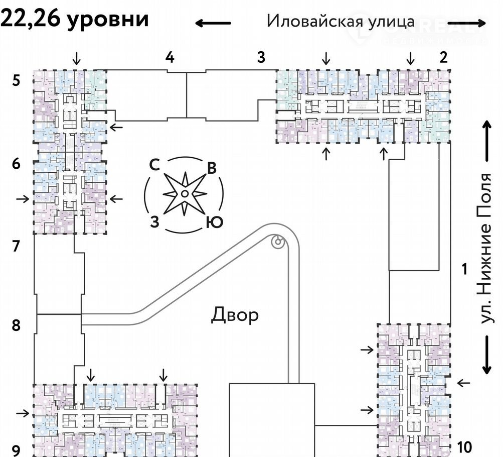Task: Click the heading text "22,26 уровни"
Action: tap(75, 19)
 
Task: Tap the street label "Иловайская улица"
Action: tap(341, 21)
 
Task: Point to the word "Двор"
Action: tap(235, 315)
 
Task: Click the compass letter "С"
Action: tap(155, 165)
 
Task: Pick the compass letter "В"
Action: tap(212, 168)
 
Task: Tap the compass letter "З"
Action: tap(155, 221)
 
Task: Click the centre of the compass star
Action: tap(184, 193)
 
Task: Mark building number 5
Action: tap(17, 80)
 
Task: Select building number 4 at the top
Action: tap(171, 58)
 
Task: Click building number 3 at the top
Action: tap(261, 58)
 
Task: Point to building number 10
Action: tap(464, 445)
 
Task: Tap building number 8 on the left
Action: tap(16, 325)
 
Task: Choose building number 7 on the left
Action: tap(16, 247)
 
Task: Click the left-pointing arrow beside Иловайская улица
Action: tap(213, 23)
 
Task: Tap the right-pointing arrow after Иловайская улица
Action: tap(467, 23)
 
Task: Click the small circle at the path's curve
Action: tap(277, 243)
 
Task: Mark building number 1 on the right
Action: tap(464, 269)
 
